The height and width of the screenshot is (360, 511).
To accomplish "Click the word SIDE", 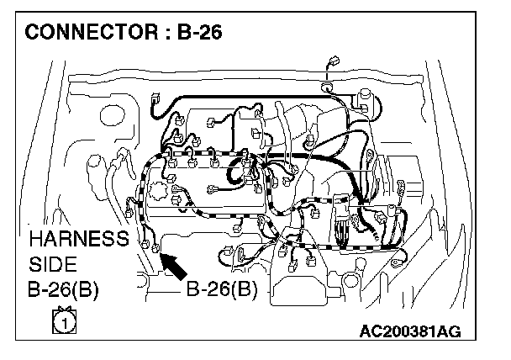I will point(52,264).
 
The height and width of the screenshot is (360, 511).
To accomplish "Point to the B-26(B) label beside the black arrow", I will point(221,290).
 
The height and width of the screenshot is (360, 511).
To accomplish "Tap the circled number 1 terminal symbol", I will point(61,321).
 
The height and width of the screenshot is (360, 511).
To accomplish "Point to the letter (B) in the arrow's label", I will point(244,290).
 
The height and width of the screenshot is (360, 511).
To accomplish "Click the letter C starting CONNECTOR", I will point(33,34).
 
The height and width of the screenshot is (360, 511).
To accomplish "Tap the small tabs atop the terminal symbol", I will point(61,310).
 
